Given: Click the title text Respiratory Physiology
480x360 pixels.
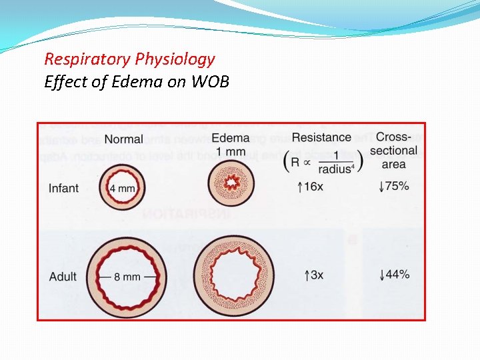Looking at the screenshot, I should tap(129, 59).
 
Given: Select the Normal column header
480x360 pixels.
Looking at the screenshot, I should tap(123, 139).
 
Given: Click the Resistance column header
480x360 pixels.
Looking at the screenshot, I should tap(321, 137).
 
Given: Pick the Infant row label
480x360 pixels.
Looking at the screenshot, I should tap(63, 188).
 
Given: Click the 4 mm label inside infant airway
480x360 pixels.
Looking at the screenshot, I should tap(122, 189).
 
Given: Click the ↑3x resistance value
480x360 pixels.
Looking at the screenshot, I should tap(313, 275).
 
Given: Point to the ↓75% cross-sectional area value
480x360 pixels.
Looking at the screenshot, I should tap(393, 186).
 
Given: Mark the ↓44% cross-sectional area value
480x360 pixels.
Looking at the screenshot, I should tap(393, 275).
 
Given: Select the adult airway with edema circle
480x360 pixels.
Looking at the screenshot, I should tap(233, 273).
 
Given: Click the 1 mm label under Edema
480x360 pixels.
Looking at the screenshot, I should tap(231, 151).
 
